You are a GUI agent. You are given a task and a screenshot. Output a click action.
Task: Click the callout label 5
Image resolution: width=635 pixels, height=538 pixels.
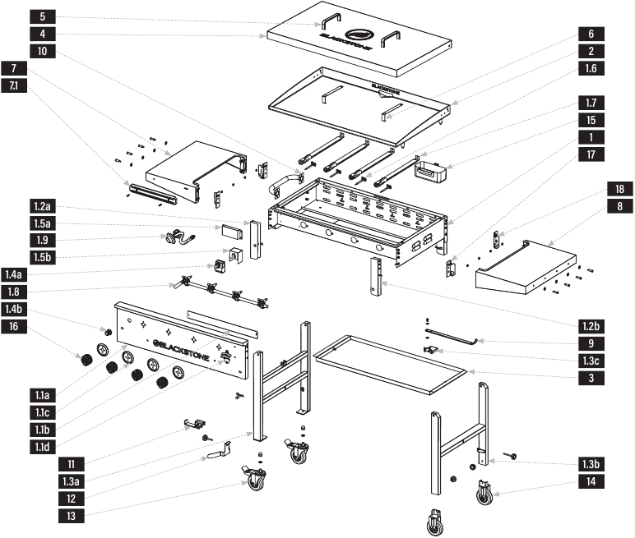coord(42,16)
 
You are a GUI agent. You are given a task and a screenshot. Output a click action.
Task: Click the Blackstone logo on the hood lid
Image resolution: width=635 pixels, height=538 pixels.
coord(359,37)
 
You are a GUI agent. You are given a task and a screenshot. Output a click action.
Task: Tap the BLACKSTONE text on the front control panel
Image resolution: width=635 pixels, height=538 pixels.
coord(186,346)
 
